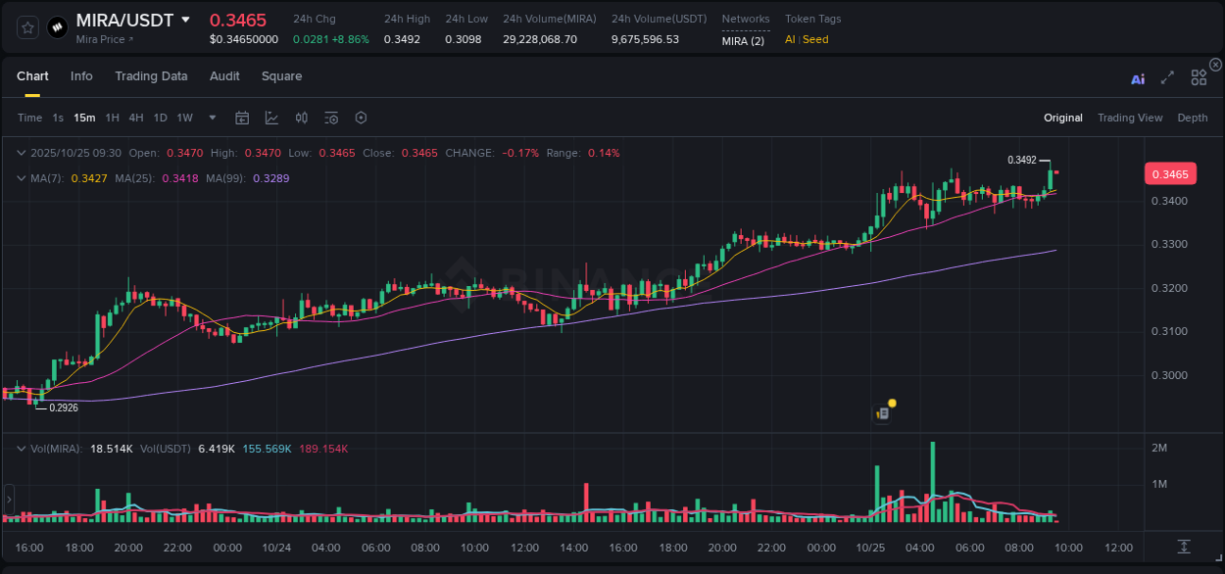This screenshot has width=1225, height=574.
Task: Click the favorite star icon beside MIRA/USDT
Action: [x=27, y=27]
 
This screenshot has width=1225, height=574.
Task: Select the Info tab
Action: [x=81, y=76]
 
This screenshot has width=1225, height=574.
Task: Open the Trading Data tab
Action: [x=151, y=76]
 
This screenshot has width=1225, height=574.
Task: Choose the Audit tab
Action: [x=224, y=76]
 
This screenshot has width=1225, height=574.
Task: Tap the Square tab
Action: [x=281, y=76]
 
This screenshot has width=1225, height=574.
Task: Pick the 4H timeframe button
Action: [x=136, y=118]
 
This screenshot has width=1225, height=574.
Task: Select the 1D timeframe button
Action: [x=160, y=118]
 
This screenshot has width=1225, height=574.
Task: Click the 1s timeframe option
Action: [x=58, y=118]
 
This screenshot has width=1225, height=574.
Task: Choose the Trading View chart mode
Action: [x=1130, y=118]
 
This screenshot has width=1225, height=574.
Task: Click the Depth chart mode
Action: [x=1193, y=118]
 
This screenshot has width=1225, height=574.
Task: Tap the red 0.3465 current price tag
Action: [x=1170, y=174]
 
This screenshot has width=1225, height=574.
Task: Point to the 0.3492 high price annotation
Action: [x=1022, y=160]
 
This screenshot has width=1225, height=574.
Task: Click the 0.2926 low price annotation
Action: [x=64, y=407]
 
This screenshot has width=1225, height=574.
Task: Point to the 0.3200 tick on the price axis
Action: [x=1170, y=288]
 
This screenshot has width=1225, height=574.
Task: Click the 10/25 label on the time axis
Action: [x=870, y=548]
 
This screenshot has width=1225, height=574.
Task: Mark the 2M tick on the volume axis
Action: [x=1159, y=448]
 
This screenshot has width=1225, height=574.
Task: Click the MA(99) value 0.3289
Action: [x=270, y=178]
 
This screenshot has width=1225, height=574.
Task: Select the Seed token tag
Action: [x=815, y=39]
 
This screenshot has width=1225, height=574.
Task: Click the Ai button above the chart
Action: [x=1138, y=79]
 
